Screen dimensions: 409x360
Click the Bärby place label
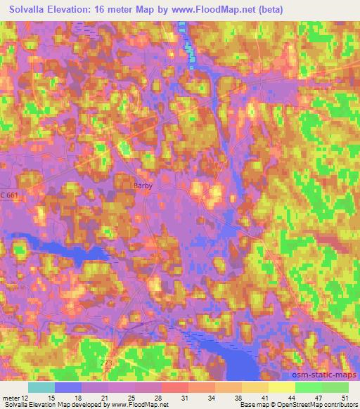click(x=143, y=186)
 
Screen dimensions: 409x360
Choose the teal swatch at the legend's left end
click(x=41, y=387)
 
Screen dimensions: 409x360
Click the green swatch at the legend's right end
click(x=335, y=387)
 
